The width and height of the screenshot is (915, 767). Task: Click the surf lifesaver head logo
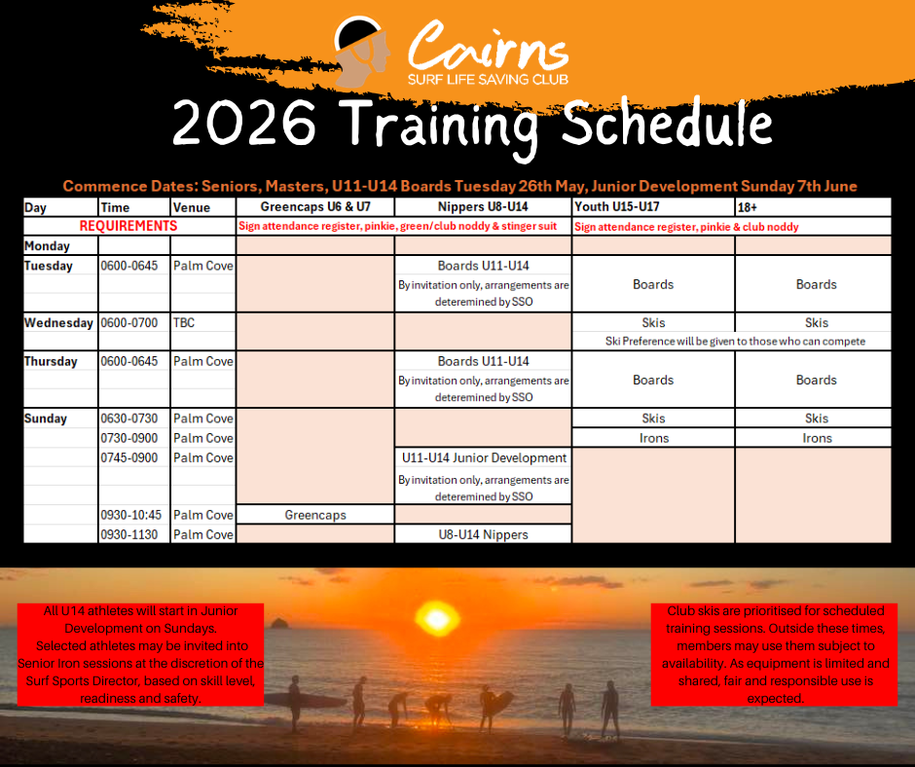(x=361, y=52)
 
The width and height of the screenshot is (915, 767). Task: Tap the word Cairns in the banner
(x=489, y=45)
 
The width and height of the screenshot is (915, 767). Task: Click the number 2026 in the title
(x=244, y=124)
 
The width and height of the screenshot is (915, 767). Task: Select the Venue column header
(x=192, y=207)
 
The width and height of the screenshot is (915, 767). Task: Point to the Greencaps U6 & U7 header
(x=315, y=206)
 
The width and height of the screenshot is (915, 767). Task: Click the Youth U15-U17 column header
(x=617, y=206)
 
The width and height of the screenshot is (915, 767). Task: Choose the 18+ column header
(x=747, y=207)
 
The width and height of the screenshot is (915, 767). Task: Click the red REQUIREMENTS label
(x=128, y=226)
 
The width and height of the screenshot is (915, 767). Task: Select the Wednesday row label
(x=58, y=323)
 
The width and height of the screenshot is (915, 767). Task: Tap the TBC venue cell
(x=184, y=323)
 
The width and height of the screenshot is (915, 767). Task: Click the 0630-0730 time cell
(x=128, y=419)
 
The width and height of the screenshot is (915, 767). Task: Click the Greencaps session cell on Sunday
(x=315, y=515)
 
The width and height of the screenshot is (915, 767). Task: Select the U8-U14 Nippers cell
(x=483, y=534)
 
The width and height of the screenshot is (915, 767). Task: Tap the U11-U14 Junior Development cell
(x=484, y=457)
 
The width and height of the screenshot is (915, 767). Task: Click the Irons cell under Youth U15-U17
(x=653, y=438)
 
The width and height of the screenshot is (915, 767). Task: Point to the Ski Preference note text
(x=735, y=341)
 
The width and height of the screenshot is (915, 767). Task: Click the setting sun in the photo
(x=437, y=618)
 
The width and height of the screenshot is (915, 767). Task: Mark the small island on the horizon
(x=279, y=623)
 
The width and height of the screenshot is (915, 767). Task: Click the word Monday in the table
(x=47, y=245)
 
